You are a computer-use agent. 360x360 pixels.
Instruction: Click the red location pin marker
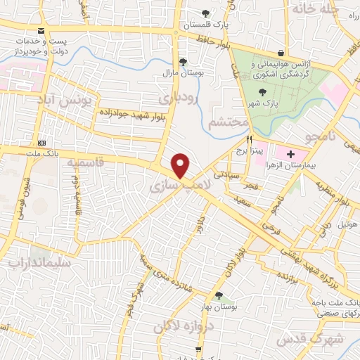point(181,165)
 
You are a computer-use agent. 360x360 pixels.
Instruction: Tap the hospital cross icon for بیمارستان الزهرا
point(290,153)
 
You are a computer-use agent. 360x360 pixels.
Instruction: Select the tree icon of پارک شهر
point(263,91)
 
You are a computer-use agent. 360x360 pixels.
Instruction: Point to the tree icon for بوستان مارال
point(183,62)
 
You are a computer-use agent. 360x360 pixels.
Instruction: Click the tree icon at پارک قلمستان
point(205,13)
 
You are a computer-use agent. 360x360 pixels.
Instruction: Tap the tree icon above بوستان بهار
point(219,295)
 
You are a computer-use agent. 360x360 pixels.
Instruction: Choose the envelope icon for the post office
point(42,31)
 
